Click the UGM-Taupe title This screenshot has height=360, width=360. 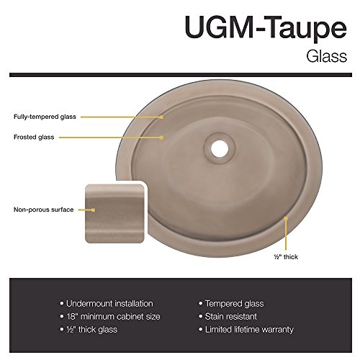(266, 27)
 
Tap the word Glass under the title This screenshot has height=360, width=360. (326, 57)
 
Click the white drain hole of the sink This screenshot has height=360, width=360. (220, 148)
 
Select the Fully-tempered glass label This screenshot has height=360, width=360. (45, 117)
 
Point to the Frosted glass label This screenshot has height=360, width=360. (34, 137)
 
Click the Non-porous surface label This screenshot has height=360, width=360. (43, 210)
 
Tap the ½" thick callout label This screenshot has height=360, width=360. (286, 257)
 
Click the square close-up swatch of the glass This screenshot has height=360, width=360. (114, 214)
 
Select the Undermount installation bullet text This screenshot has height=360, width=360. (109, 304)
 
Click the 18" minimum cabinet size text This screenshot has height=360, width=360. (113, 317)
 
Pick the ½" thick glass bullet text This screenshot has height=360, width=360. (92, 330)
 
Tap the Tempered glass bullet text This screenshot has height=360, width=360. (235, 304)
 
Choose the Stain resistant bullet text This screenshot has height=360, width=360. (231, 317)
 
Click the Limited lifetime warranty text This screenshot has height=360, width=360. (249, 330)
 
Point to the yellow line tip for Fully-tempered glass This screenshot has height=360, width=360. (162, 117)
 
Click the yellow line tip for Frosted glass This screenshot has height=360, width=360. (162, 138)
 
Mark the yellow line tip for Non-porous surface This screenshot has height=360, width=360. (94, 210)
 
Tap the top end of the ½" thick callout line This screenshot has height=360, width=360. (286, 218)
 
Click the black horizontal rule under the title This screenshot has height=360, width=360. (181, 75)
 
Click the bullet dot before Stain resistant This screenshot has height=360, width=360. (201, 316)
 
